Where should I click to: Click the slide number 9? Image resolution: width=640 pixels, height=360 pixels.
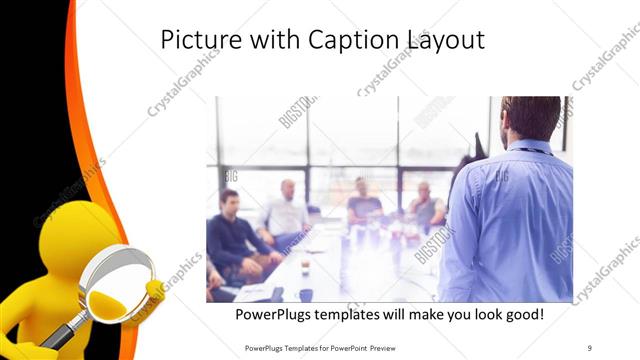[x=590, y=347]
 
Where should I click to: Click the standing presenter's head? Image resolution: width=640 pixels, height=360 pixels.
[x=531, y=118]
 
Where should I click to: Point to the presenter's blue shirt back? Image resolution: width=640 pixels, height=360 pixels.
[x=515, y=220]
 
